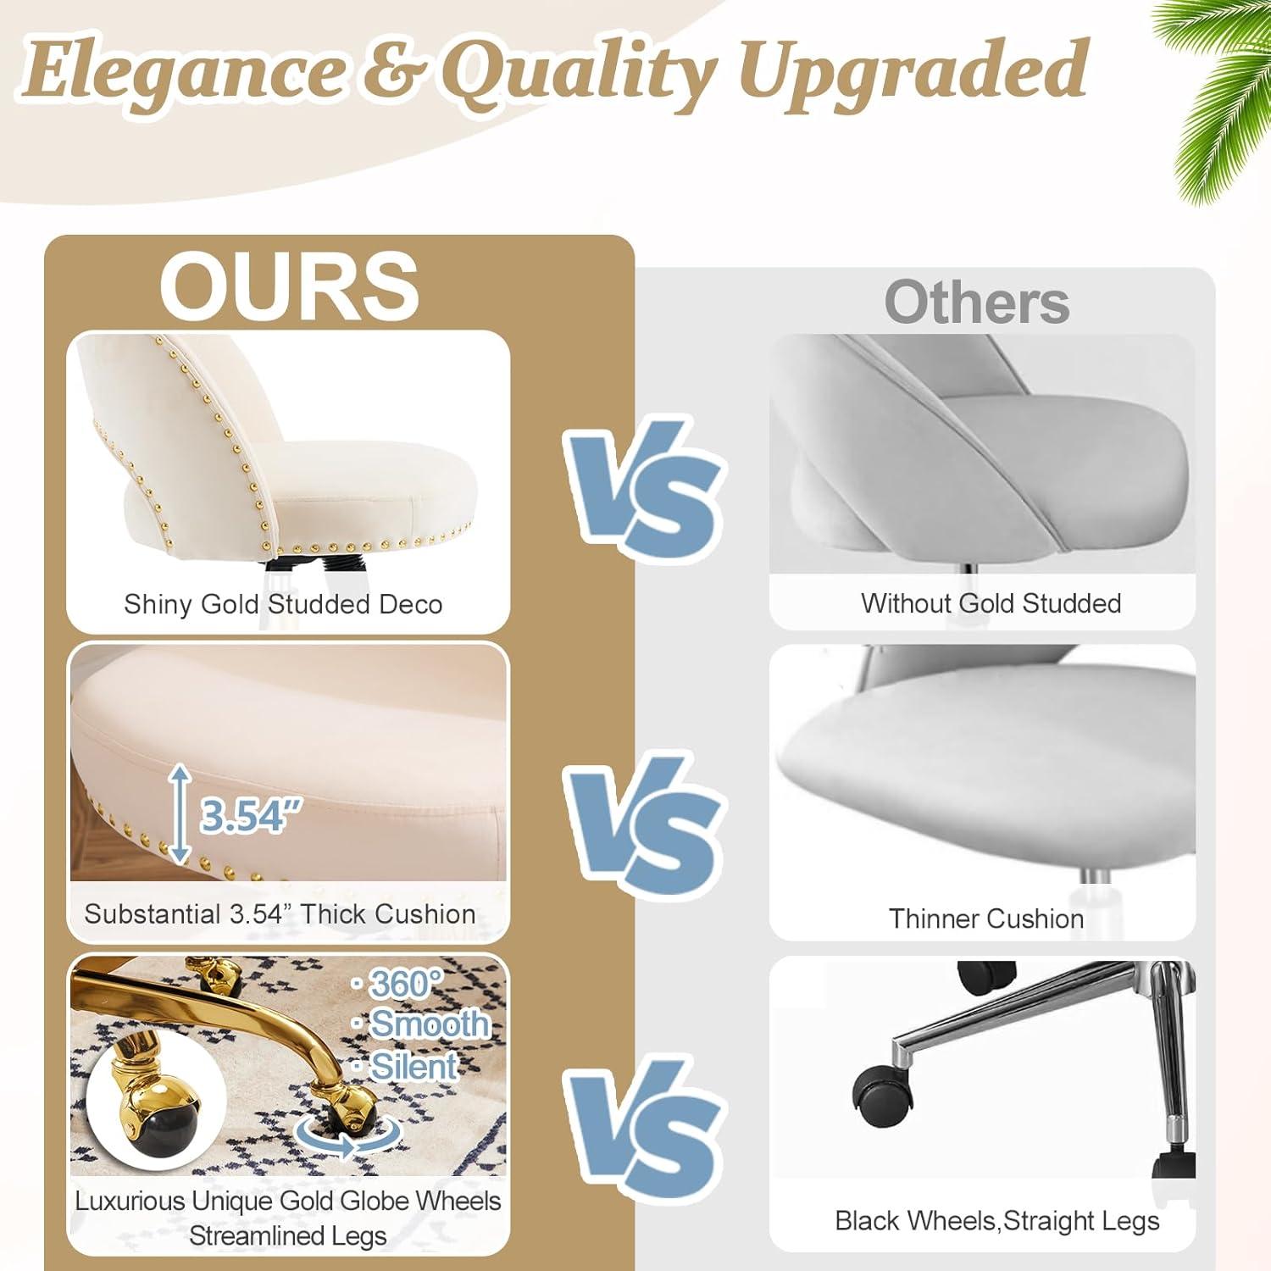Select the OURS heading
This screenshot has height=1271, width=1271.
(289, 286)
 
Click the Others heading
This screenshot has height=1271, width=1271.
(977, 302)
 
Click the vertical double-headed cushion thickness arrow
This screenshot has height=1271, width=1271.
(180, 813)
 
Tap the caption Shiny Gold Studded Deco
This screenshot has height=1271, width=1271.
(283, 604)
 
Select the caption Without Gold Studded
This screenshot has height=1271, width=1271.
(991, 603)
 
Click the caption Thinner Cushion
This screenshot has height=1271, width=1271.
(985, 919)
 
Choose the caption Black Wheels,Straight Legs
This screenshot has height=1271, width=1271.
(996, 1221)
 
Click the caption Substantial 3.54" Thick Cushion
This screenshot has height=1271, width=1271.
(280, 914)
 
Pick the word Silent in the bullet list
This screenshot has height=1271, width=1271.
(413, 1066)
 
